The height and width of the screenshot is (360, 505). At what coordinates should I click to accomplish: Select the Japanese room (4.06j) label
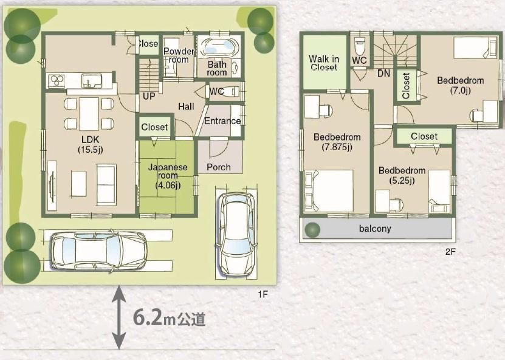(166, 176)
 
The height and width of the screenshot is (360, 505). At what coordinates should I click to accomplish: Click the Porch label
(218, 167)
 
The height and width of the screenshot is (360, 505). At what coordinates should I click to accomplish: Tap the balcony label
(376, 229)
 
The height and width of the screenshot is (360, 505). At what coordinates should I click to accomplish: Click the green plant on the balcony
(312, 230)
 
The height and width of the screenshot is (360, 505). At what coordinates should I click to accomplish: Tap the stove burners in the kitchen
(57, 81)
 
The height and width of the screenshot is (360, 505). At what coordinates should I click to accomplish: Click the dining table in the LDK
(89, 114)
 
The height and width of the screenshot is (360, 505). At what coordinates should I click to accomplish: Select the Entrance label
(222, 121)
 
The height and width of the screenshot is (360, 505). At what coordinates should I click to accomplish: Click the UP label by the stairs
(148, 96)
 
